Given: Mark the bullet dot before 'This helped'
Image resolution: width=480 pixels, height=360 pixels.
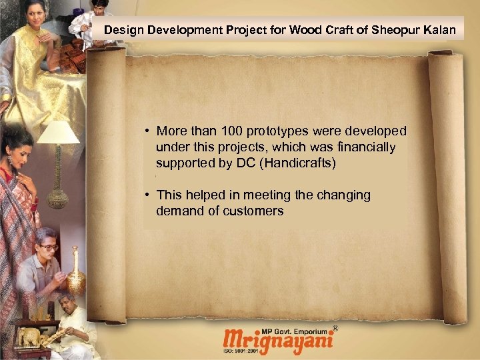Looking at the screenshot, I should click(x=146, y=196).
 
